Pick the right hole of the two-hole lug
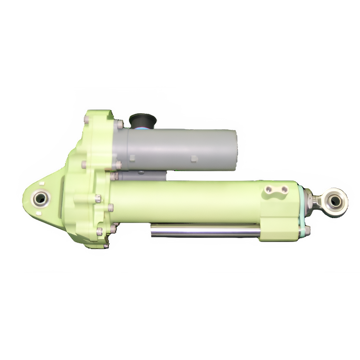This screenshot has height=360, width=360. point(284,189)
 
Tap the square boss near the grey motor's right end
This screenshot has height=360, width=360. point(194,159)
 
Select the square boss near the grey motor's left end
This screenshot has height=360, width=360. point(132,158)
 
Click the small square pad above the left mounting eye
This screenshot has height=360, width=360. point(42,183)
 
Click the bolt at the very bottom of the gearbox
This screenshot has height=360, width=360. point(105,246)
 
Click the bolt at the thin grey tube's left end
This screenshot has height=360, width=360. point(115,176)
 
